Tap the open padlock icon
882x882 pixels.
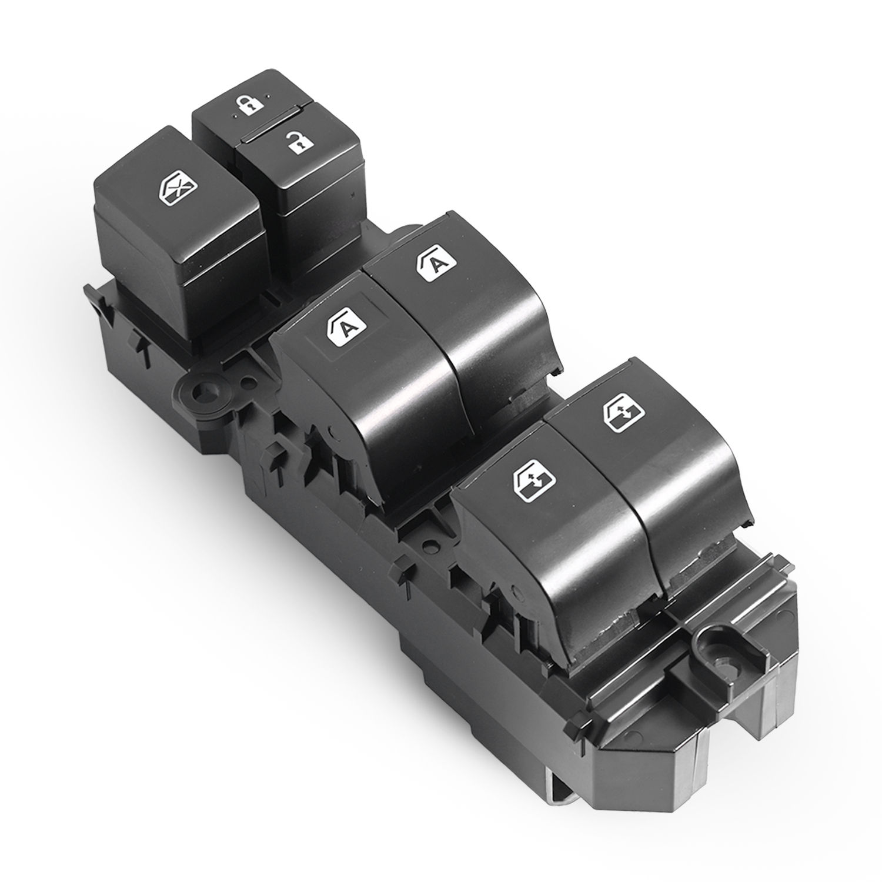click(x=299, y=142)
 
